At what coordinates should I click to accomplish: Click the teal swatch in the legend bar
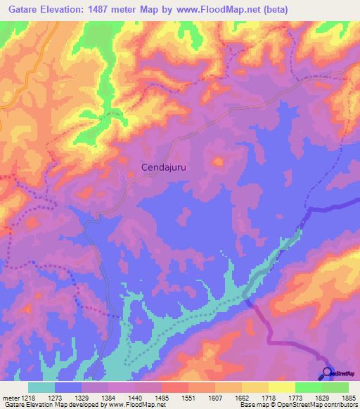[x=41, y=387]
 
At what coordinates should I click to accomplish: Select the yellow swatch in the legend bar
[x=281, y=387]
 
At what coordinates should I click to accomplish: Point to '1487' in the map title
[x=124, y=9]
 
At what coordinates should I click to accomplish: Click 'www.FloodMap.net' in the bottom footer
[x=131, y=405]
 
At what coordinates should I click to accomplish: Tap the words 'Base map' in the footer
[x=251, y=405]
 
